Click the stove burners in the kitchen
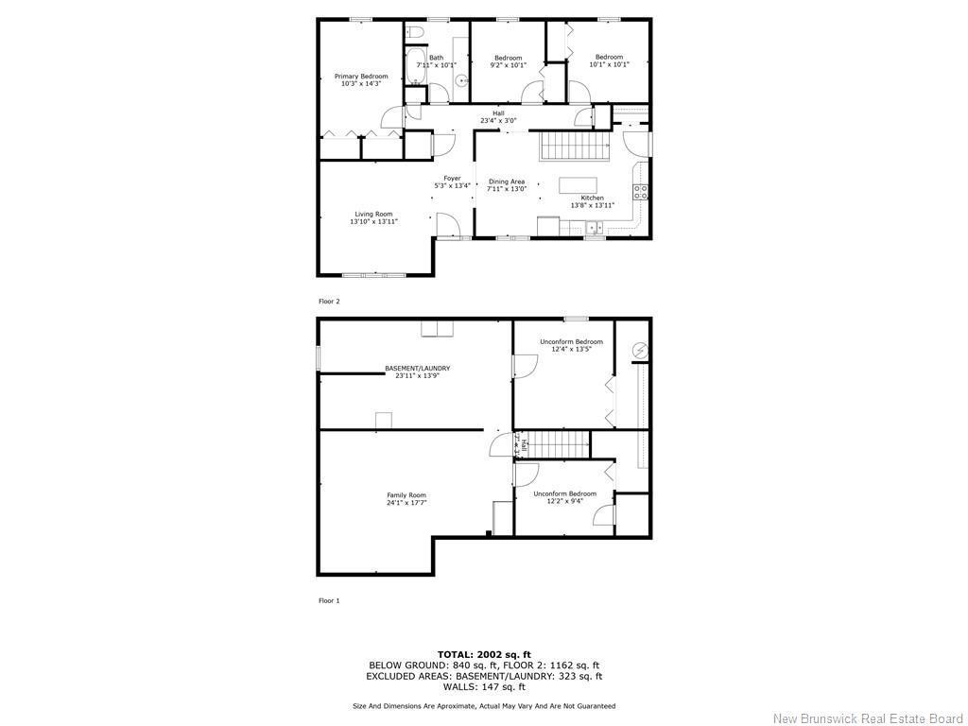(x=641, y=190)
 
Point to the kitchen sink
(x=595, y=227)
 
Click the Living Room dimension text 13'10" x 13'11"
(x=373, y=221)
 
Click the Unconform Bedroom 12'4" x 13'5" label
(x=571, y=345)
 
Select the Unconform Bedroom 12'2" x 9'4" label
(x=564, y=497)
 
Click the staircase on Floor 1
(x=556, y=444)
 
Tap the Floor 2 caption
(x=329, y=302)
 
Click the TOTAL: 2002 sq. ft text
(x=484, y=654)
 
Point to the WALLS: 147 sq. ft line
(x=484, y=687)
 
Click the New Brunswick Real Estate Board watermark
(x=868, y=717)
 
